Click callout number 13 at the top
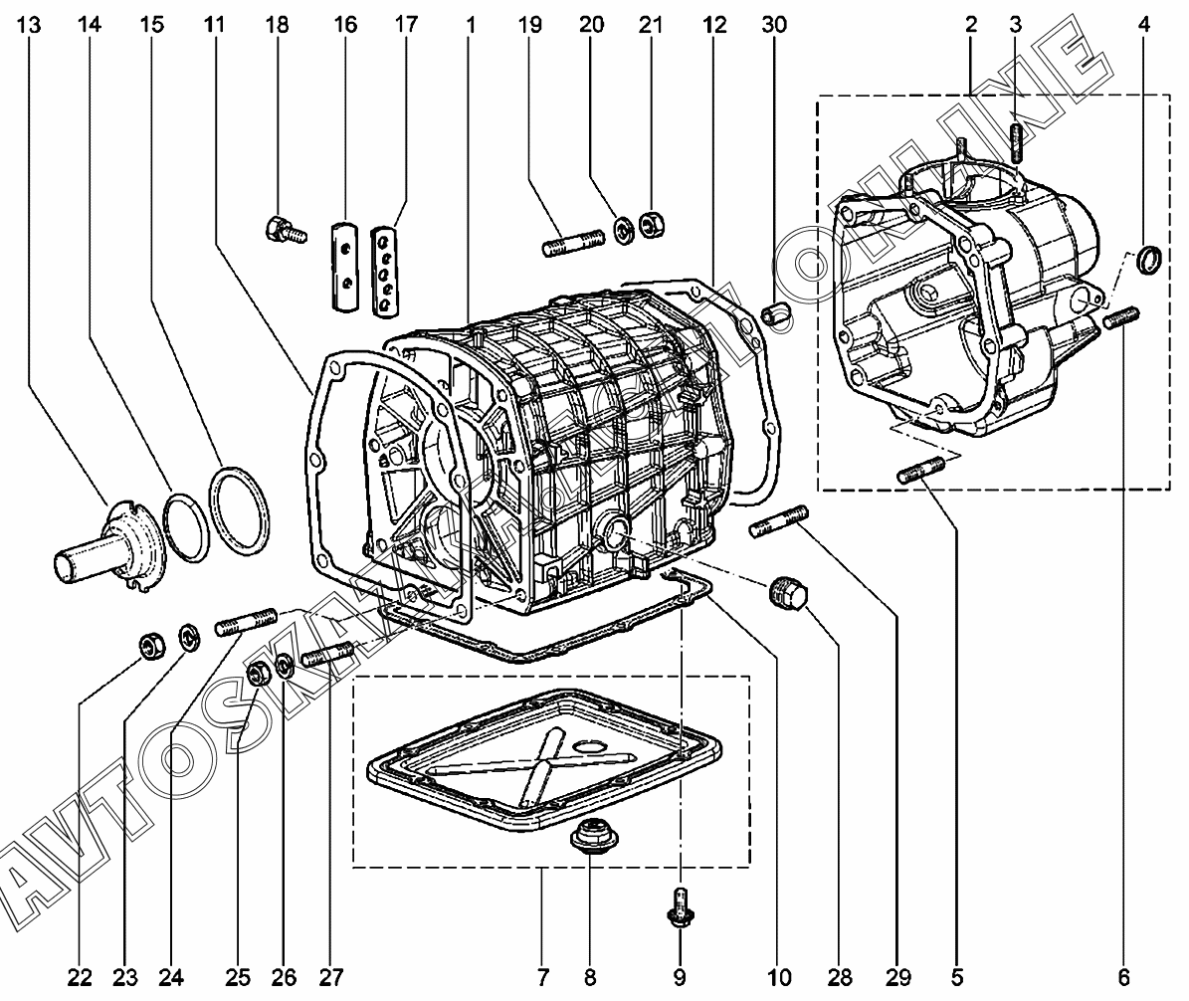click(28, 24)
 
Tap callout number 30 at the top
click(774, 24)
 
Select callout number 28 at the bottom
click(840, 977)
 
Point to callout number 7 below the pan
click(543, 977)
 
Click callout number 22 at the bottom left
click(80, 977)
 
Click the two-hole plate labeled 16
click(345, 266)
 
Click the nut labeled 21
click(652, 225)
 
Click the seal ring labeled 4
click(1149, 259)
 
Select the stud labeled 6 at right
click(1120, 317)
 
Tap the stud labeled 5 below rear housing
click(920, 470)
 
